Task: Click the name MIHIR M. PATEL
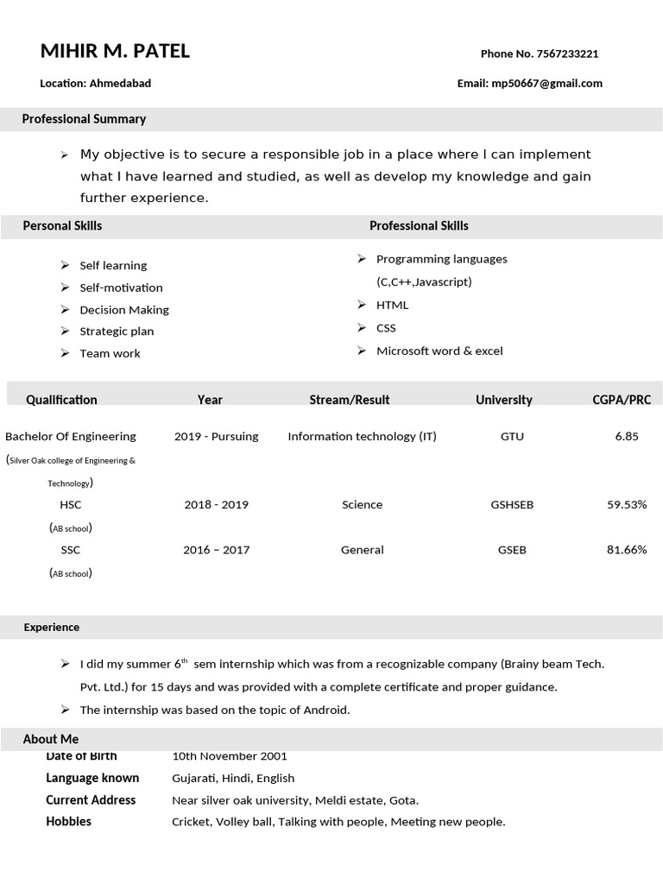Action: [115, 52]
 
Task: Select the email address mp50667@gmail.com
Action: [546, 84]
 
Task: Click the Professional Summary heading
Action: [84, 119]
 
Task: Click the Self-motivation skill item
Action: [121, 287]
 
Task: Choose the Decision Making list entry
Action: [124, 310]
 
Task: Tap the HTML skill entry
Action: [392, 305]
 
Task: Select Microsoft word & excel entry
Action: [439, 350]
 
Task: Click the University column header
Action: [503, 400]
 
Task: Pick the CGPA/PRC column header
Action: [622, 400]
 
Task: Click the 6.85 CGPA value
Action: [627, 436]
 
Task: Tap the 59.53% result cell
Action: [627, 504]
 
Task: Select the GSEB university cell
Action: [512, 549]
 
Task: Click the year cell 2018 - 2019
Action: [216, 504]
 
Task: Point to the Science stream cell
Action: [362, 504]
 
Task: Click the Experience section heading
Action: [51, 628]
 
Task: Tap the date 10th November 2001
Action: [230, 756]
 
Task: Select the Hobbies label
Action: [68, 821]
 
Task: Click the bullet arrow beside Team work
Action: [65, 353]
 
